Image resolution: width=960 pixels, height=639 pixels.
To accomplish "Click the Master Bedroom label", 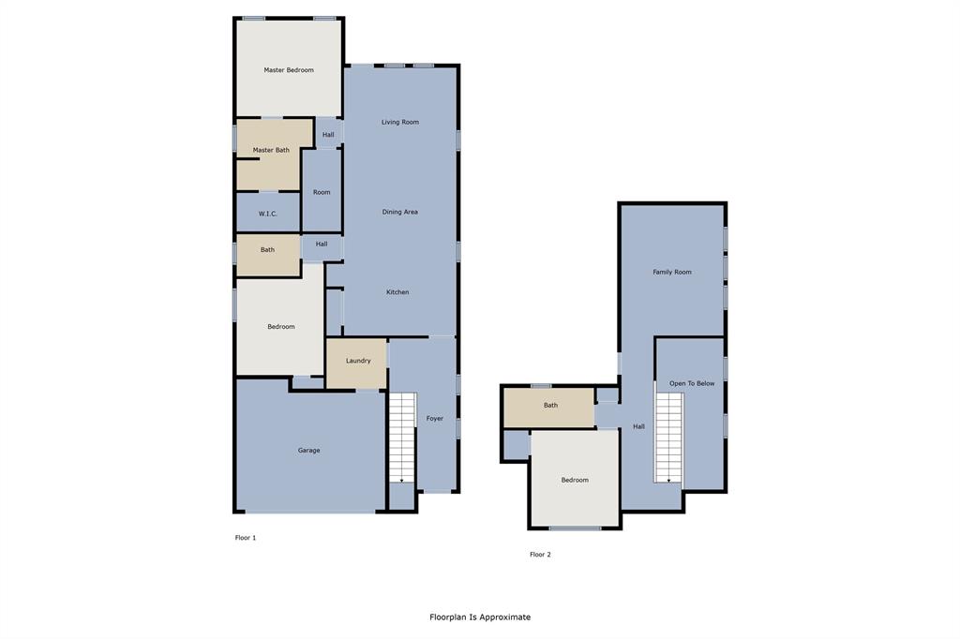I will point(289,70).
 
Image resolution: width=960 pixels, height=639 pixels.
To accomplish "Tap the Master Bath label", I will point(271,150).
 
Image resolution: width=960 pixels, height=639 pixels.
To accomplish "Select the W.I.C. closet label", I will point(267,214).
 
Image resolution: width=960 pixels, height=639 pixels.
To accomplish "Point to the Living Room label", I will point(399,122).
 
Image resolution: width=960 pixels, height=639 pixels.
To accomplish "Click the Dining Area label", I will point(399,212).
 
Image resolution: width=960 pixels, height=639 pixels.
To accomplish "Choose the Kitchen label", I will point(397,292).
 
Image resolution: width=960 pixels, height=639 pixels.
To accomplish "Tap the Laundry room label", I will point(358,361).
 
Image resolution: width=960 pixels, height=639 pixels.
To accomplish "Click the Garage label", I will point(308,451).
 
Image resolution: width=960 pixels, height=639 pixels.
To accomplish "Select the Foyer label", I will point(435,419).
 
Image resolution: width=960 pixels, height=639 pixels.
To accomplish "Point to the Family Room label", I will point(672,272).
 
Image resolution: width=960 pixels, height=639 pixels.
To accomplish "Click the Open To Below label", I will point(692,383).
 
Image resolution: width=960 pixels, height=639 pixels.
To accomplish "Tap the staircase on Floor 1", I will point(401,438).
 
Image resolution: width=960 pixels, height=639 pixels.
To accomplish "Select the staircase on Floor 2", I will point(668,438).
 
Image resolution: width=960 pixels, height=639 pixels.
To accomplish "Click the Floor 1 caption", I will point(246,538).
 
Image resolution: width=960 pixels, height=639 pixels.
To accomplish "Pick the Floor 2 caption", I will point(540,555).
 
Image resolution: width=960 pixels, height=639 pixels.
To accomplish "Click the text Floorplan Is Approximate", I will point(480,617).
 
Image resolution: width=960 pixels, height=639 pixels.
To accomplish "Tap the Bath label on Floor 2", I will point(550,406).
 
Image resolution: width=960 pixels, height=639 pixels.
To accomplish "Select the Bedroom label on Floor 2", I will point(575,480).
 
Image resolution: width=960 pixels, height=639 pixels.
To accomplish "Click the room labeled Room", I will point(322,192).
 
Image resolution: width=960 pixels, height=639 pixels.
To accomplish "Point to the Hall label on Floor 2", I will point(638,426).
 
